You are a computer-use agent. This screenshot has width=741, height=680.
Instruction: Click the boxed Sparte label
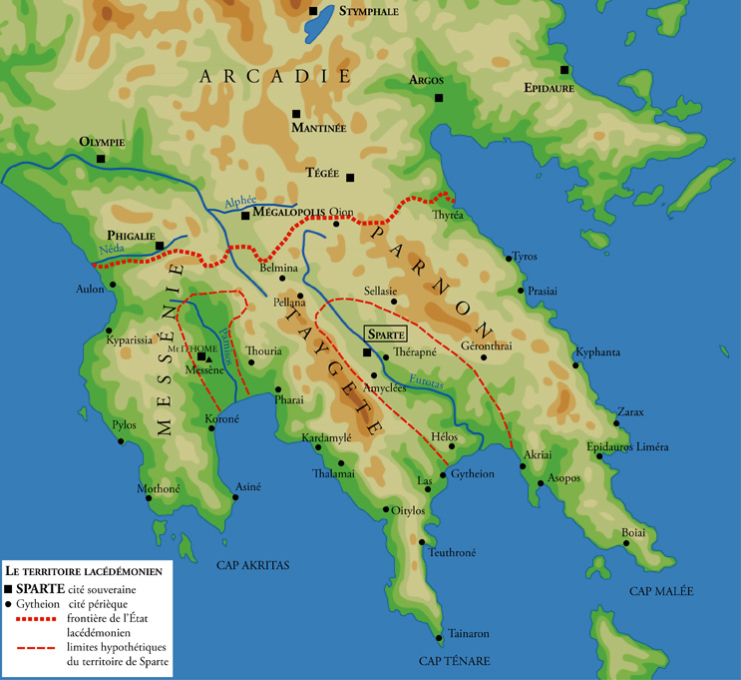pos(385,335)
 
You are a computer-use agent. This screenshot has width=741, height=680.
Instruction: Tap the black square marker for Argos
pos(439,98)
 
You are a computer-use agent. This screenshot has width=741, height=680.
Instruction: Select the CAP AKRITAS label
pos(252,565)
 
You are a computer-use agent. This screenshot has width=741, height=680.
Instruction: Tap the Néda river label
pos(112,250)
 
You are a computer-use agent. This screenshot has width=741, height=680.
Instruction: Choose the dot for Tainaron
pos(440,635)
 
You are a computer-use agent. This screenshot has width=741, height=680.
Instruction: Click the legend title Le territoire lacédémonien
pos(84,569)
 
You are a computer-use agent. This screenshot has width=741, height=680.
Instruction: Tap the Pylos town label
pos(124,424)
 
